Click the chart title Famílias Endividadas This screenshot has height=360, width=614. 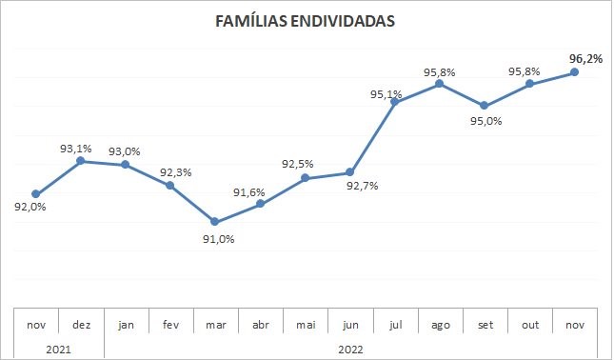306,21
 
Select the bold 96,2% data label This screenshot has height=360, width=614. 584,58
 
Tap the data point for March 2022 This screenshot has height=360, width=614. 215,222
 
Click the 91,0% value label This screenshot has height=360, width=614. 217,239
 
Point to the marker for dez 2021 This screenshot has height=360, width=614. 81,161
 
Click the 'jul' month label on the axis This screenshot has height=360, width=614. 395,325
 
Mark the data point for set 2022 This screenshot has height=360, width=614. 485,105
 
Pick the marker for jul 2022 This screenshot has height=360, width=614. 395,102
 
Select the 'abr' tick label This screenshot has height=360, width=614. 260,325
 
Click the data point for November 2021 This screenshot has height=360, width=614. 36,194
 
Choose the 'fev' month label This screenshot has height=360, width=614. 170,325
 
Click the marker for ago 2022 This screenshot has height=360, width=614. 440,84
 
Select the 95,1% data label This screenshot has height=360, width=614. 385,93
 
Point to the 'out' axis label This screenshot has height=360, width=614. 530,325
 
